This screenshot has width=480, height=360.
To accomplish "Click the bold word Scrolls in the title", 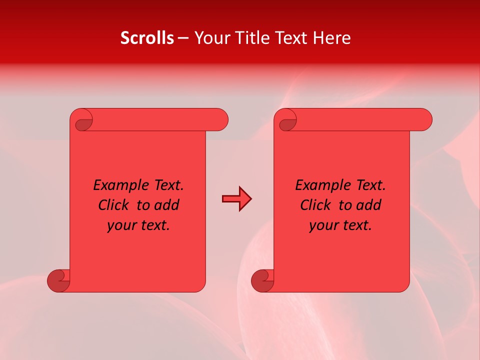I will (147, 38).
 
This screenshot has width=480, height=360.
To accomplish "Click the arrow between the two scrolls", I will (236, 199).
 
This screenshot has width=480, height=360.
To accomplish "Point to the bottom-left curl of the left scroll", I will (58, 281).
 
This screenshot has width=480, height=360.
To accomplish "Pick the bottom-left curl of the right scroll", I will (262, 281).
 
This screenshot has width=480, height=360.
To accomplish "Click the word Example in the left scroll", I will (117, 185).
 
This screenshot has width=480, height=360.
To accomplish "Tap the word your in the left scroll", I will (121, 225).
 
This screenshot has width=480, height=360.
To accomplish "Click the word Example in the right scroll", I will (319, 185).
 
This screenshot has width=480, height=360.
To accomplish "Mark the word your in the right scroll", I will (323, 225).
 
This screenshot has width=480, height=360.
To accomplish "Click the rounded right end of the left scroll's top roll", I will (220, 119).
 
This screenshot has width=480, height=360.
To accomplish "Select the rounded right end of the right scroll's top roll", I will (424, 119).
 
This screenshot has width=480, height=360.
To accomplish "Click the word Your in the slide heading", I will (209, 38).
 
